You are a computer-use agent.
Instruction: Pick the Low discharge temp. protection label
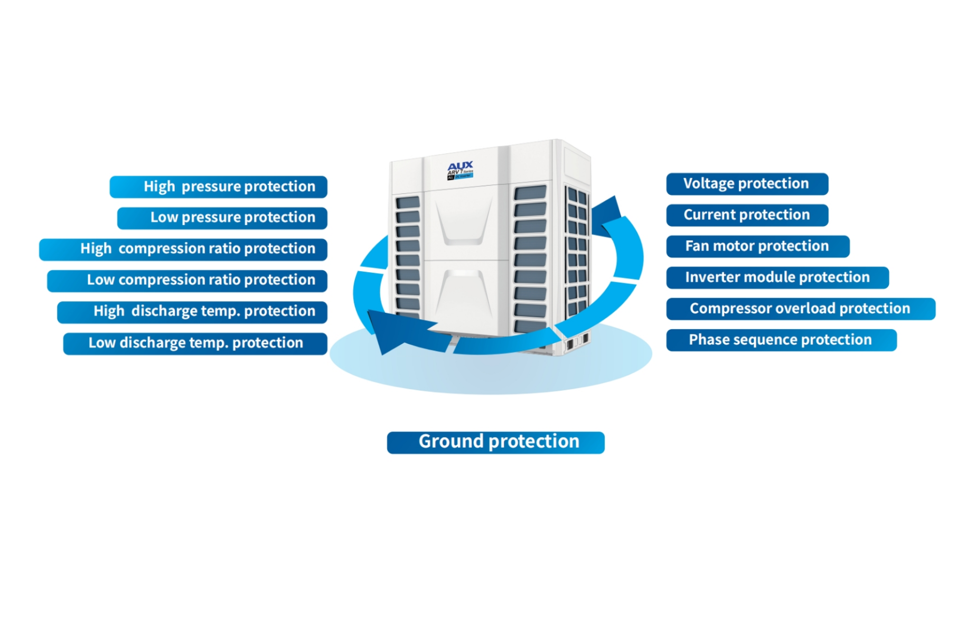click(195, 343)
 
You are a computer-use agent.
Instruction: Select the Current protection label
click(747, 215)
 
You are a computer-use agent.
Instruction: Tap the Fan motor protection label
click(757, 246)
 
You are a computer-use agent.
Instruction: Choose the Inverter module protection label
click(777, 277)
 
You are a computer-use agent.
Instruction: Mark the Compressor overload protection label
click(800, 309)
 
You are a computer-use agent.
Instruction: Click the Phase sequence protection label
click(781, 340)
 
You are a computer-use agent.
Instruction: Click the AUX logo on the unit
click(460, 166)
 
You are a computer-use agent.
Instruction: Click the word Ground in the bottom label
click(451, 442)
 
